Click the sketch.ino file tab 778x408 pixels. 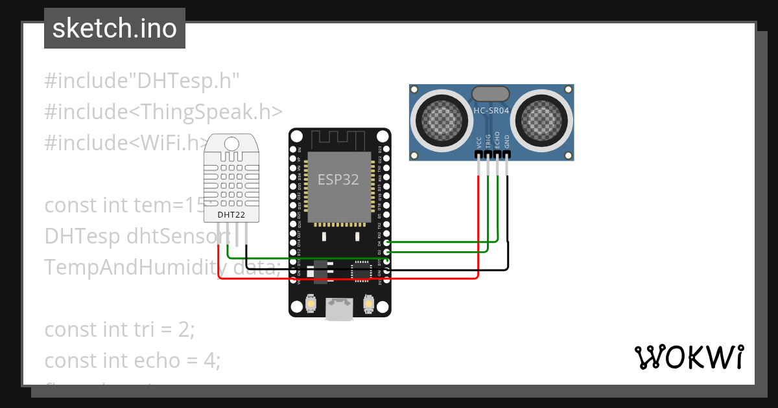click(x=115, y=28)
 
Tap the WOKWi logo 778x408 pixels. click(x=689, y=357)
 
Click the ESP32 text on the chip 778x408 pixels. click(x=338, y=179)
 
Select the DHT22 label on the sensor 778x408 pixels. click(x=231, y=214)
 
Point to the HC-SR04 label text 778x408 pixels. click(x=491, y=111)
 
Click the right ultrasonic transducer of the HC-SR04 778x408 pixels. click(x=543, y=117)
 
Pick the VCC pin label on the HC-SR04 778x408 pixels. click(x=479, y=142)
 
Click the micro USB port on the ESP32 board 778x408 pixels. click(x=338, y=310)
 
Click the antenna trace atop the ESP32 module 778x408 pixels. click(x=338, y=139)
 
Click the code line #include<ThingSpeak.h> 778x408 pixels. click(x=163, y=111)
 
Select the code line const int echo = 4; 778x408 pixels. click(x=133, y=360)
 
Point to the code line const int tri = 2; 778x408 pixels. click(x=120, y=329)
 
